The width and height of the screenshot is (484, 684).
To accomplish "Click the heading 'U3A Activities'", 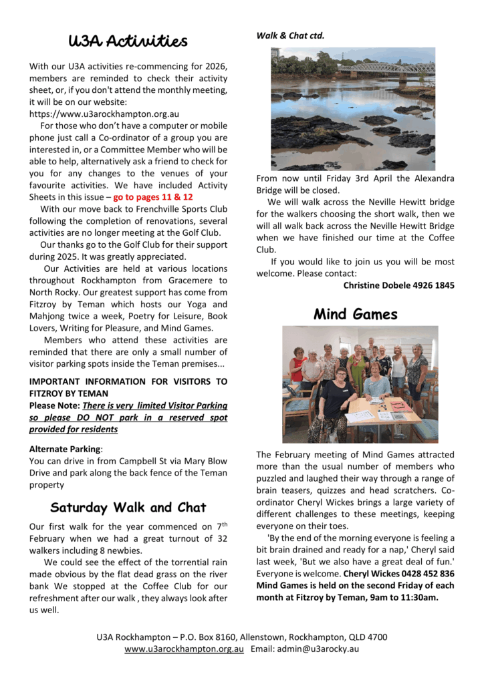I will (x=128, y=41).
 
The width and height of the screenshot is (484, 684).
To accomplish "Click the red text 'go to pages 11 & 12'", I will (x=153, y=197).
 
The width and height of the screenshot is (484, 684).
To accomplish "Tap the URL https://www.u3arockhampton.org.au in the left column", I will (x=104, y=114).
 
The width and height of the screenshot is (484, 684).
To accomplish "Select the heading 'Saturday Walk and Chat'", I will (x=128, y=507).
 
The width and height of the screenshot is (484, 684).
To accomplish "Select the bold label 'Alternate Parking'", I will (x=65, y=449).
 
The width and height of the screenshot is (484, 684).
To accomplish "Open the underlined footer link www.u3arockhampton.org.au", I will (x=184, y=649).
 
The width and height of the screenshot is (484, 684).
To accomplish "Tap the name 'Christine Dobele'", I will (x=375, y=285).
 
